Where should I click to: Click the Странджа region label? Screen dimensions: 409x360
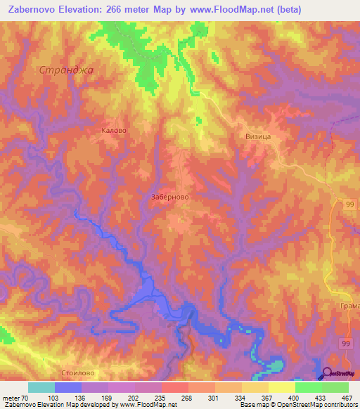tap(67, 70)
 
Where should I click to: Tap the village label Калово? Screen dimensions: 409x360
tap(113, 130)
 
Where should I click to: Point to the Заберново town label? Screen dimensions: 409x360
tap(169, 198)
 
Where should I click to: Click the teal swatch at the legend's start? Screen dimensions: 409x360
tap(41, 387)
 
